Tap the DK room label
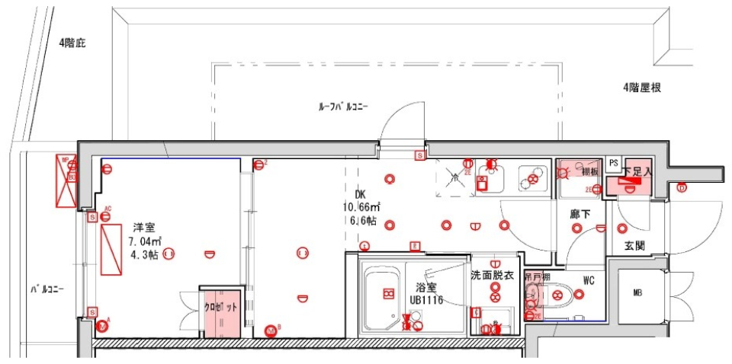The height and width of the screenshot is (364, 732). pos(361,194)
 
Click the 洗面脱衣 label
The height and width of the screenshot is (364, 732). pos(496,274)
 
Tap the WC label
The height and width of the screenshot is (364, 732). pos(589,280)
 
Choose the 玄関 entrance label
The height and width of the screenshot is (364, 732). pos(635,246)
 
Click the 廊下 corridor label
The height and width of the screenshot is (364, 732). pos(581,216)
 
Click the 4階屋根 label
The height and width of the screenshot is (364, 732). pos(641,88)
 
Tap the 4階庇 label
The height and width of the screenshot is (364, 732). pos(72,43)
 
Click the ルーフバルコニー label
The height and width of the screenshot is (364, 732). pos(343,107)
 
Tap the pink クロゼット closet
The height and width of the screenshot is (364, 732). pos(220,313)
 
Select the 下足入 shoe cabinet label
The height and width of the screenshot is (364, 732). pos(637,172)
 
